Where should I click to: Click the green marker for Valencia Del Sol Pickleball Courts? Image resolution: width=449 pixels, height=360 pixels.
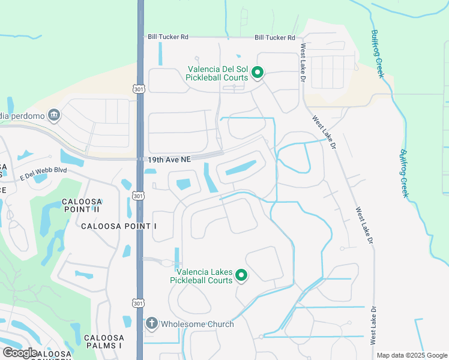258,73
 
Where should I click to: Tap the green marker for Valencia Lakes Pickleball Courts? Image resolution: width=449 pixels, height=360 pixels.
241,275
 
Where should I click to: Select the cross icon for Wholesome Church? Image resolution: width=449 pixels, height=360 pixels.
151,323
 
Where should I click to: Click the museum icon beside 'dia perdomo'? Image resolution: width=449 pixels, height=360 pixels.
54,115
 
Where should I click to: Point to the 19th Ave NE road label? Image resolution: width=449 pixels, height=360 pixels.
169,160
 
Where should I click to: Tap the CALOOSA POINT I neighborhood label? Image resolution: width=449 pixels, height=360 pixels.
119,226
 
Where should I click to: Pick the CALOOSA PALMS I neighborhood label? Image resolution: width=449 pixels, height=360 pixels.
103,342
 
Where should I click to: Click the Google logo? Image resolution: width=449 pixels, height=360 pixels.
20,353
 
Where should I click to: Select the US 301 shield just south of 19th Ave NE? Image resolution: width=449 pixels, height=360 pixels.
138,196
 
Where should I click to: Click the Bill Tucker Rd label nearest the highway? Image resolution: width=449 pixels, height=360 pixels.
168,37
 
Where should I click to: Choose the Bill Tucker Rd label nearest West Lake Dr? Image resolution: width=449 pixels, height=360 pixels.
275,37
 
